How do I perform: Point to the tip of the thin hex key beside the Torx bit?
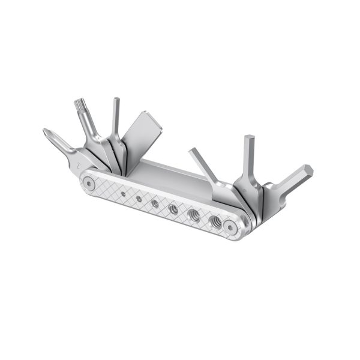[x=116, y=101]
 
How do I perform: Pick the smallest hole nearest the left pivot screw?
[x=123, y=193]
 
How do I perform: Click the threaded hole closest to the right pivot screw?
[x=214, y=220]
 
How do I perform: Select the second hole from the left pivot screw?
[x=138, y=198]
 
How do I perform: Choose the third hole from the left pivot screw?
[x=155, y=203]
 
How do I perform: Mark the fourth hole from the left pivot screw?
[x=173, y=209]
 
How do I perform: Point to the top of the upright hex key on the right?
[x=247, y=140]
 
